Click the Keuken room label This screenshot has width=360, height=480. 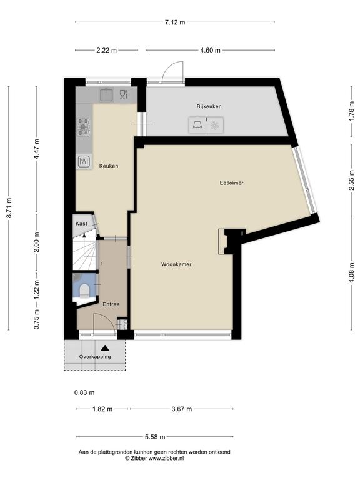click(109, 166)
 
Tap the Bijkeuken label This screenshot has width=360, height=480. click(209, 106)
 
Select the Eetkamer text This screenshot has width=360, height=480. click(231, 182)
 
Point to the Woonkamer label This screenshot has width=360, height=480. click(176, 264)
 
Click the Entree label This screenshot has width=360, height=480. click(111, 304)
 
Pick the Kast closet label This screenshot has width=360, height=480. click(81, 224)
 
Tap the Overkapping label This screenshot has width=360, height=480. click(95, 357)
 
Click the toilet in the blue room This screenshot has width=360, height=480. click(84, 291)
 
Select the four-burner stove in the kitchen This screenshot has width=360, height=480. click(83, 127)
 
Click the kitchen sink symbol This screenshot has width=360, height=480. click(106, 94)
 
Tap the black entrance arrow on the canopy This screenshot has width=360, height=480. click(105, 347)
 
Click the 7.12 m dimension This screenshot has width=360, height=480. click(175, 22)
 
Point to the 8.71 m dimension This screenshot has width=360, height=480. click(9, 208)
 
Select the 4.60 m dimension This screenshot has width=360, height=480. click(210, 50)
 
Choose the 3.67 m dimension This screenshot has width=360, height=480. click(182, 409)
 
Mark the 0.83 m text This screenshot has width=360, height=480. click(84, 392)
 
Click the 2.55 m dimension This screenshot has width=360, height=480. click(352, 180)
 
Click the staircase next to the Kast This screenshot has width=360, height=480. click(85, 251)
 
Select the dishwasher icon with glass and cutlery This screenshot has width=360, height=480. click(123, 94)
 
